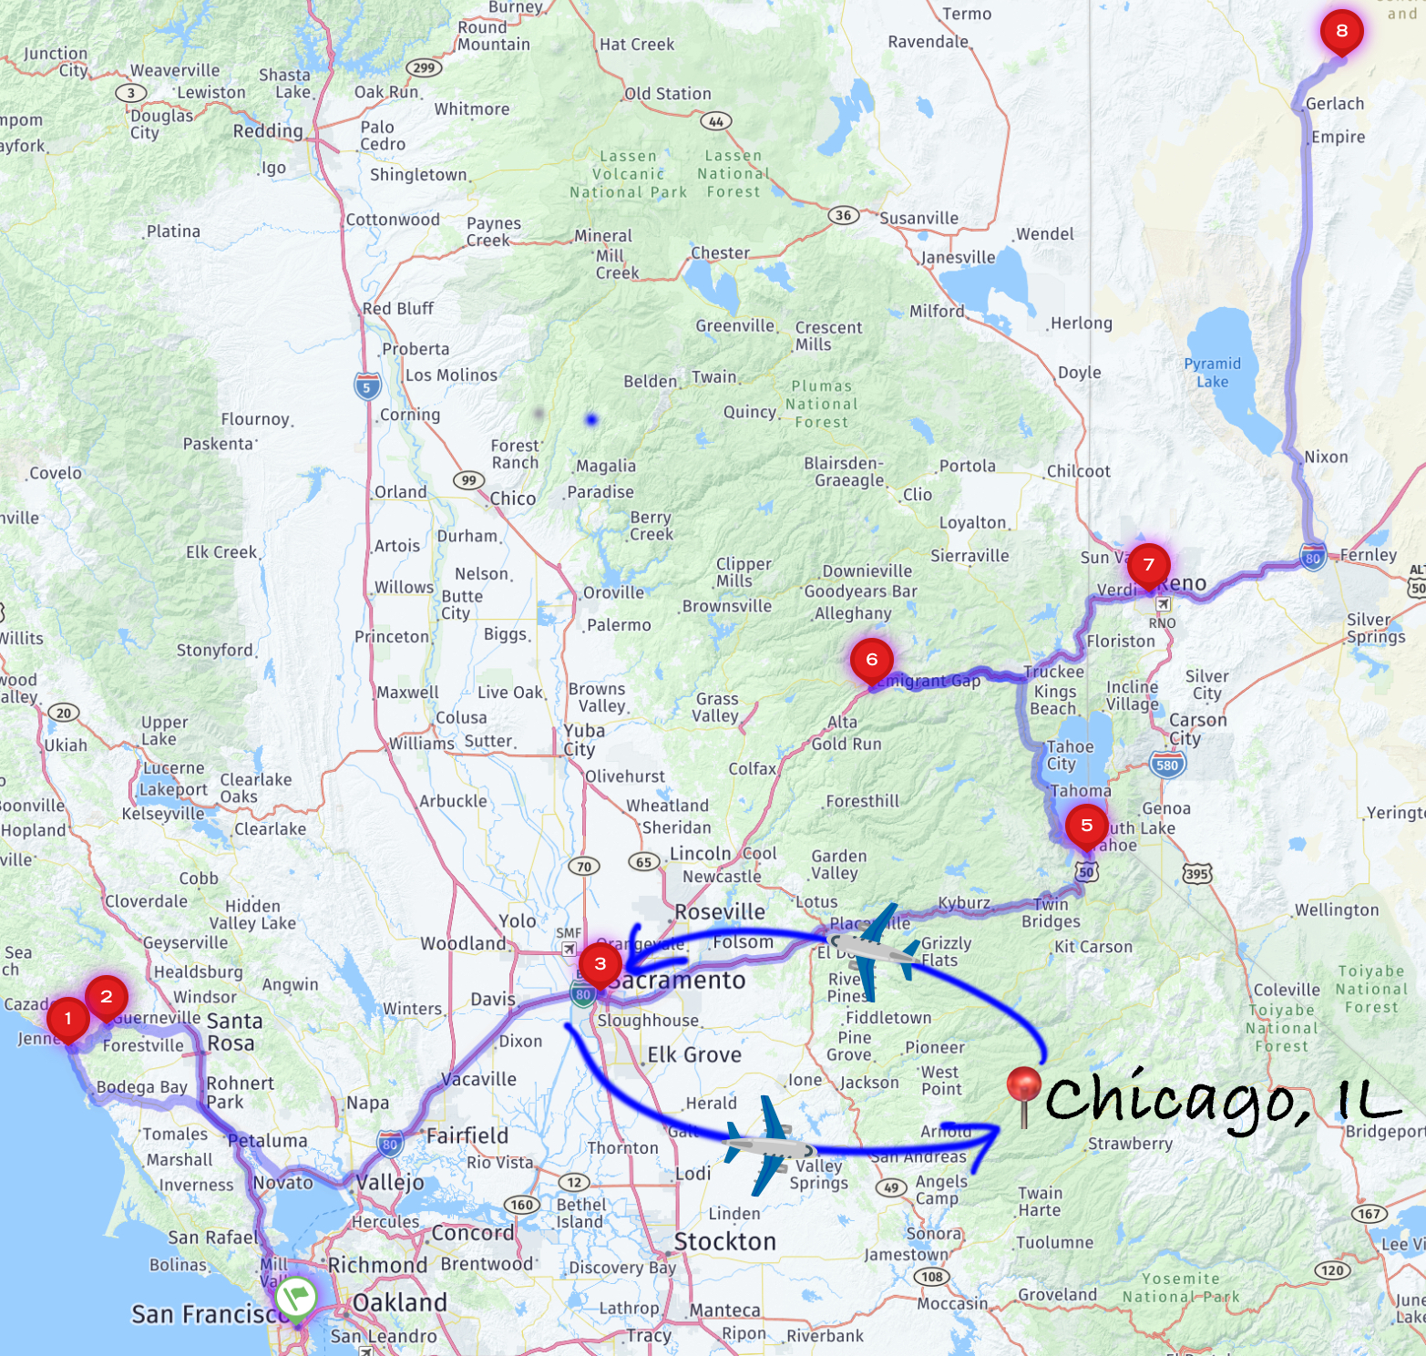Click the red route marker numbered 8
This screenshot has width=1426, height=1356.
1341,31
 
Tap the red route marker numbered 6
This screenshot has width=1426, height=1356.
871,660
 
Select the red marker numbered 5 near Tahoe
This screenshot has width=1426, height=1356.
1086,826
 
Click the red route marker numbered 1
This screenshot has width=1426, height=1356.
67,1019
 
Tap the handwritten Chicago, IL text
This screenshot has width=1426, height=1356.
1221,1101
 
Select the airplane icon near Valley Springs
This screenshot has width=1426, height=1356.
769,1145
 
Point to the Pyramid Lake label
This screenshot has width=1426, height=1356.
1212,373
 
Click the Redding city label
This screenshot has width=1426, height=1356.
268,131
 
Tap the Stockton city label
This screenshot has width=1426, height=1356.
725,1241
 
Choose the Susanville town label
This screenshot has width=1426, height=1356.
918,219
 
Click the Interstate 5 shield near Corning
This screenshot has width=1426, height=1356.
367,386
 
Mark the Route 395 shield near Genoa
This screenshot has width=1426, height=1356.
1196,874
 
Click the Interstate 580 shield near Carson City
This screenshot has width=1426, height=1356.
1167,765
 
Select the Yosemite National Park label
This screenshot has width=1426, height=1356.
1180,1288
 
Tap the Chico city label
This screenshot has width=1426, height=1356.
513,498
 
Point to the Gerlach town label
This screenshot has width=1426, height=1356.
1335,104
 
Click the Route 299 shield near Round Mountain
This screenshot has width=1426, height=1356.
424,67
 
